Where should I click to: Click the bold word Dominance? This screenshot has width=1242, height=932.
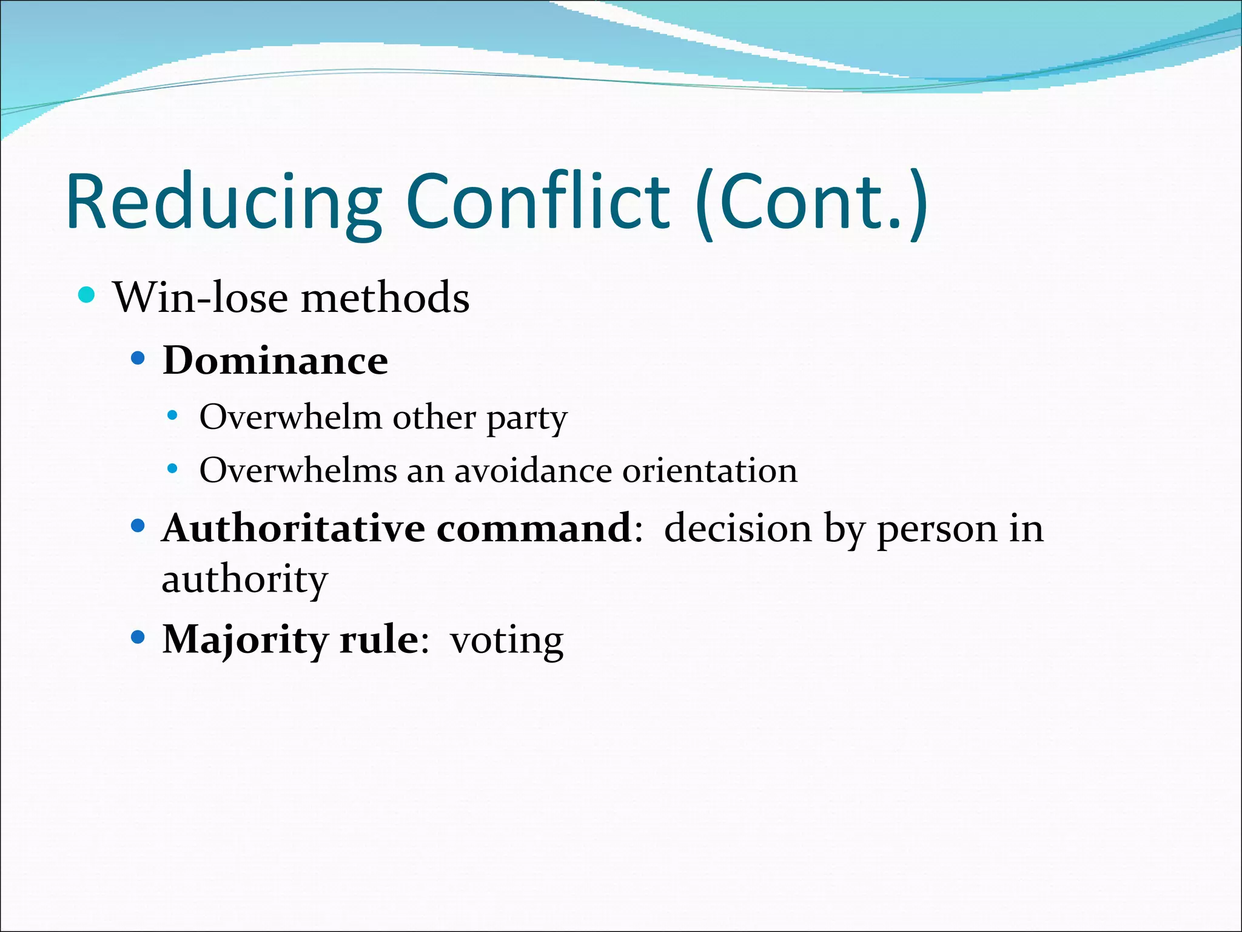pos(275,360)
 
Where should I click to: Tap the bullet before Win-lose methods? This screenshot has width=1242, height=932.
pos(87,295)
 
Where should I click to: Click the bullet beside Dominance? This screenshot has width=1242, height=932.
pos(138,358)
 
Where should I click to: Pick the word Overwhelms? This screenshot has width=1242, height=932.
pos(297,470)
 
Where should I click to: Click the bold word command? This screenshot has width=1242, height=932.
pos(534,528)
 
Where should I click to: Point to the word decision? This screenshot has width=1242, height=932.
pos(737,528)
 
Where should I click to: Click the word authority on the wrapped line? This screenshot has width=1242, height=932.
pos(244,580)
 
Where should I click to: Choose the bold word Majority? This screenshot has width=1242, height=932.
pos(245,641)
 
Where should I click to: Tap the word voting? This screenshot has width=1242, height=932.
pos(506,641)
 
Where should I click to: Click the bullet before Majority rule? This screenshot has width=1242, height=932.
pos(138,637)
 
